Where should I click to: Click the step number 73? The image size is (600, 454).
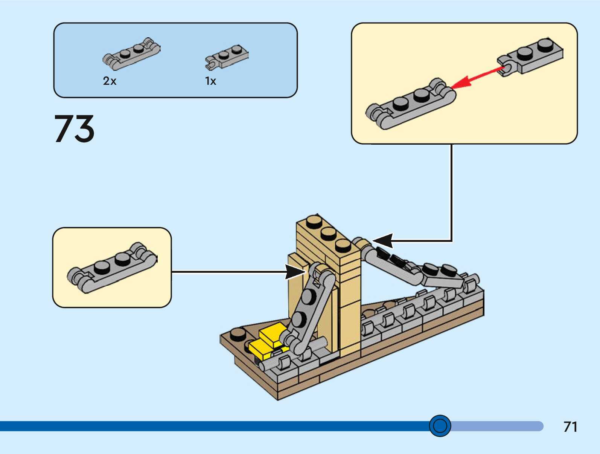(x=74, y=129)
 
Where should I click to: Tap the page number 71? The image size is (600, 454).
(x=570, y=427)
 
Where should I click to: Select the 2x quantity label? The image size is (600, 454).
(x=110, y=81)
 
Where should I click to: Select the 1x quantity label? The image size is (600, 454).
(x=210, y=81)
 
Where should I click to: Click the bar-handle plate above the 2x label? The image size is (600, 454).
(x=131, y=54)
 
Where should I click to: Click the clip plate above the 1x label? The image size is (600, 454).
(x=227, y=57)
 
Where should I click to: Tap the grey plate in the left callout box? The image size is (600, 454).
(x=112, y=268)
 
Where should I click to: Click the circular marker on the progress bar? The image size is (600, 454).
(x=440, y=426)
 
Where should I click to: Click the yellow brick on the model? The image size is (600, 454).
(x=268, y=340)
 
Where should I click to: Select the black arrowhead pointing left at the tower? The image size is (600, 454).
(x=383, y=240)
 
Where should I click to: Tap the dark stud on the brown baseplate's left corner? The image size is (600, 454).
(x=238, y=334)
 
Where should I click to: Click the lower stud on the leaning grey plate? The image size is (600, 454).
(x=298, y=319)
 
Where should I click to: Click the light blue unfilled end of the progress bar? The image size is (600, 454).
(x=497, y=426)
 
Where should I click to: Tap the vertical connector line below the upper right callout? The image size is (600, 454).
(x=451, y=192)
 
